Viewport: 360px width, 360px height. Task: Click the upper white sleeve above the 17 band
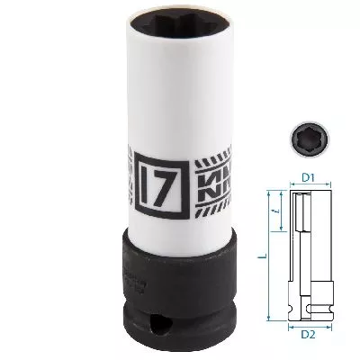click(x=167, y=99)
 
